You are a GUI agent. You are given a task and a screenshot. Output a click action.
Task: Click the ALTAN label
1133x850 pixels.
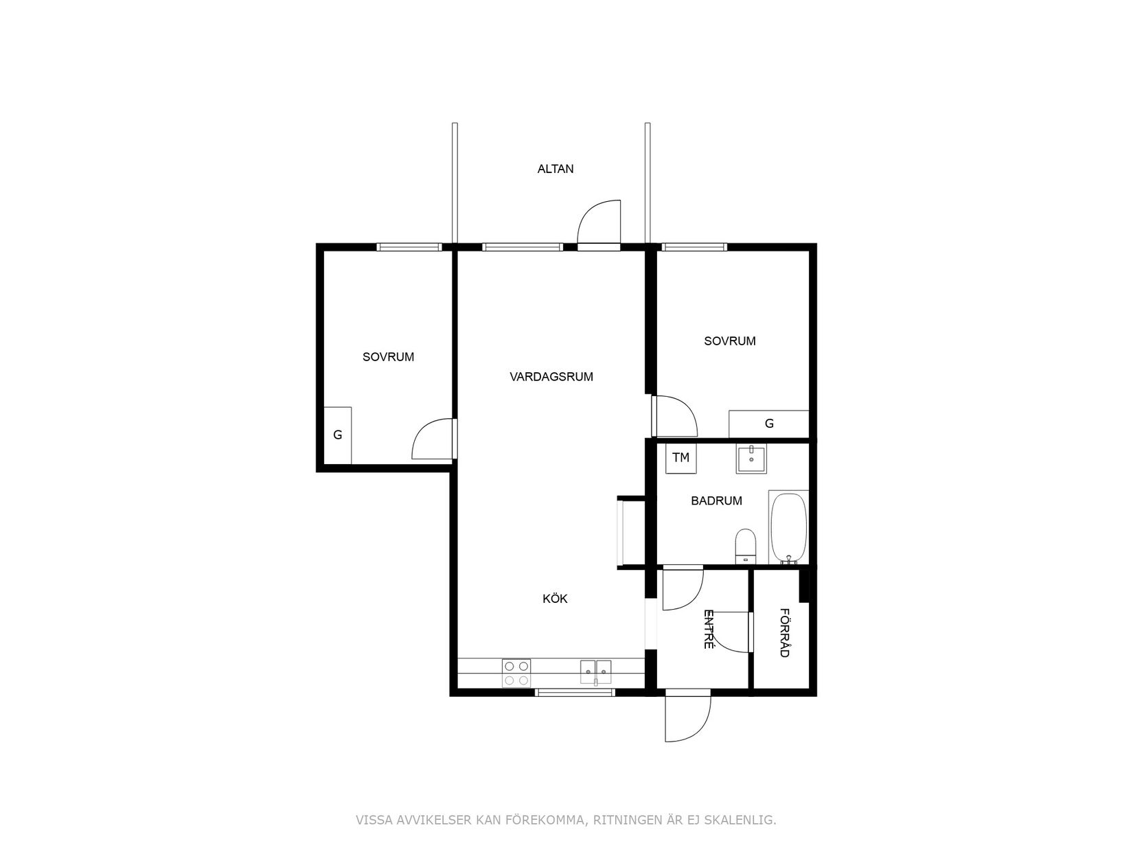click(555, 169)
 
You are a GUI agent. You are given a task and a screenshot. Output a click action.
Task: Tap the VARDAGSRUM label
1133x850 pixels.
click(551, 377)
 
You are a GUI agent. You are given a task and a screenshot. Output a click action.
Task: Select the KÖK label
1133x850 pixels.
click(555, 599)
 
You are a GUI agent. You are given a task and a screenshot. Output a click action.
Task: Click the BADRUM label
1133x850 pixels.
click(716, 501)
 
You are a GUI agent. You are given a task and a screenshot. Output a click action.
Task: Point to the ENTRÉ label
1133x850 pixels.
click(709, 630)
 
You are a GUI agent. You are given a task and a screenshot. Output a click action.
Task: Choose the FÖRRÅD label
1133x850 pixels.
click(785, 633)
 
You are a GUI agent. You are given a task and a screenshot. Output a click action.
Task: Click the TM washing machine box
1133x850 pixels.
click(680, 458)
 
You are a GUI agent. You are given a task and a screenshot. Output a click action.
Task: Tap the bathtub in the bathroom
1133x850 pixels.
click(788, 528)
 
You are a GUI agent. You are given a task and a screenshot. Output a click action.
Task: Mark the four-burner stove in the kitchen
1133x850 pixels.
click(516, 673)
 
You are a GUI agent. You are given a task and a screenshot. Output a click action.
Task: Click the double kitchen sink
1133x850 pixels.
click(595, 671)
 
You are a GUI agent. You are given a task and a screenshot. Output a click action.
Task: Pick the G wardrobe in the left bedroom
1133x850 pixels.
click(337, 435)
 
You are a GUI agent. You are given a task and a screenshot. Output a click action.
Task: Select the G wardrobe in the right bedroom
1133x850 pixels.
click(768, 424)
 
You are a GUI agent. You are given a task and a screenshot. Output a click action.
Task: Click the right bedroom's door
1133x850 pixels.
click(675, 416)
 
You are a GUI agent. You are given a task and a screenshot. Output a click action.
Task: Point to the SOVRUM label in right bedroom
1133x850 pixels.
click(729, 341)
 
